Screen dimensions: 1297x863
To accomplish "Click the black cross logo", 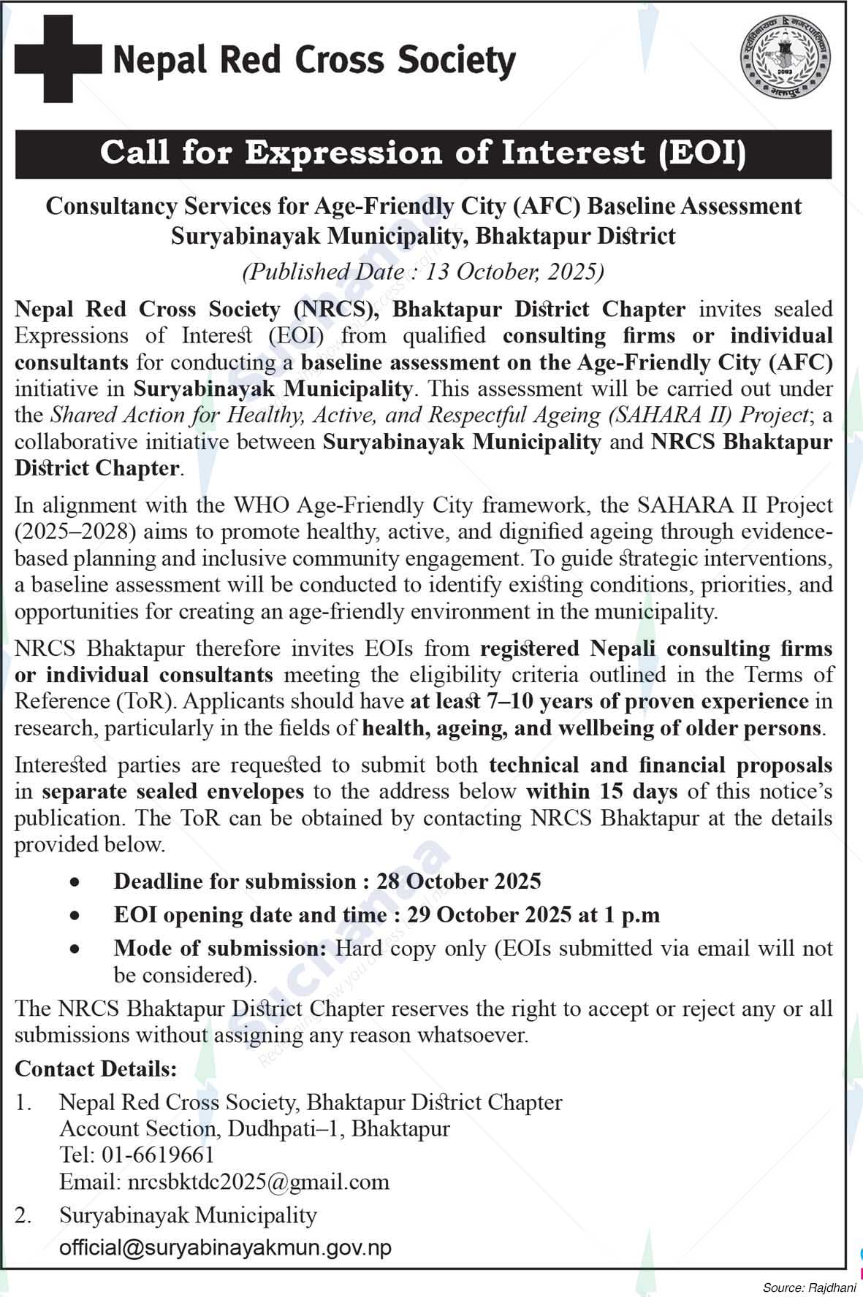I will pos(58,59).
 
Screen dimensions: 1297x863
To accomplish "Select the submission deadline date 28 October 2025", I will pos(459,881).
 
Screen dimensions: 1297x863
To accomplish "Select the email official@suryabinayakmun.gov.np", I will pos(226,1247).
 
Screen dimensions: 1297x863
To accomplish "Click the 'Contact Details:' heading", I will pos(96,1069).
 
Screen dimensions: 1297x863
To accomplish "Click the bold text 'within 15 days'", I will pos(601,792).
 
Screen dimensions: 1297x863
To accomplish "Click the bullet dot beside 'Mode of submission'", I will pos(74,949).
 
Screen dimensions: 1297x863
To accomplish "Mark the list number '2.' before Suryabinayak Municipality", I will pos(23,1216).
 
